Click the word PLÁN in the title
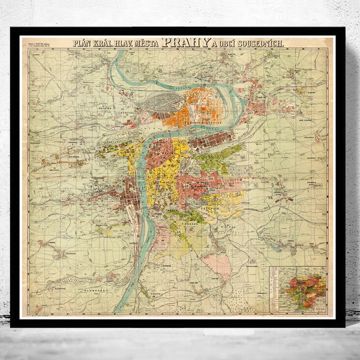pos(84,43)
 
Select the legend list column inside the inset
pos(277,288)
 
